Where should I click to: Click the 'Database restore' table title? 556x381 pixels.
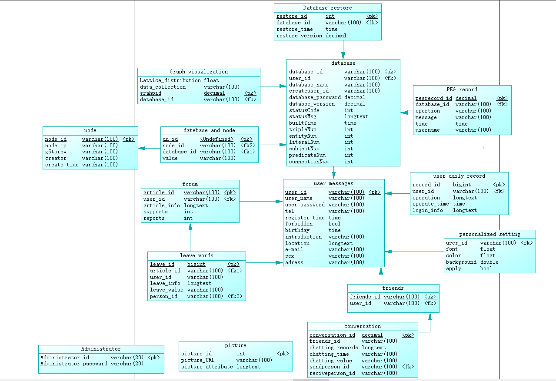click(327, 8)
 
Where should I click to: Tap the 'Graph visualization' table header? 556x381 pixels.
click(199, 72)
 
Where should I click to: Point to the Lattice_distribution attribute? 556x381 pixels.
click(170, 80)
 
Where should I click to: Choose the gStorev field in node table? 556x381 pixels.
click(56, 152)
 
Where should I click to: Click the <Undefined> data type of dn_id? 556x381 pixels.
click(216, 139)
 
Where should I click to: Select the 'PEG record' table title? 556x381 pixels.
click(462, 89)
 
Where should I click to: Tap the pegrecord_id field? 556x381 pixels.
click(433, 98)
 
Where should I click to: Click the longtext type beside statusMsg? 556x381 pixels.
click(356, 116)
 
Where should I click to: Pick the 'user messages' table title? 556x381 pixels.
click(333, 183)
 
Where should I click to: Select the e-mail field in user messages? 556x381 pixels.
click(294, 249)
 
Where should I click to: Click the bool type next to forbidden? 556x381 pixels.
click(334, 224)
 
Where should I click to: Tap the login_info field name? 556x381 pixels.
click(427, 210)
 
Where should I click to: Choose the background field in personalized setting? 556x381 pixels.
click(461, 262)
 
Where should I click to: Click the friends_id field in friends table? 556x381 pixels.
click(365, 297)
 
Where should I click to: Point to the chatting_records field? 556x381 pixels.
click(333, 348)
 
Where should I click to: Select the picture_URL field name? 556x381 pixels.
click(198, 360)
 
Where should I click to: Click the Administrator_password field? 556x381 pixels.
click(73, 364)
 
